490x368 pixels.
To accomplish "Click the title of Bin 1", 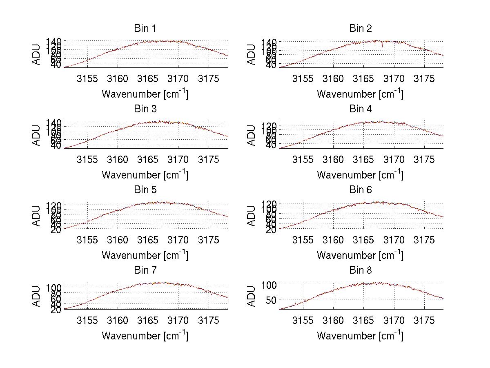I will tap(145, 29).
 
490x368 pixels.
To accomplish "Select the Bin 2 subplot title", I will tap(361, 29).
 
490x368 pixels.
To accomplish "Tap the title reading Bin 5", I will tap(145, 190).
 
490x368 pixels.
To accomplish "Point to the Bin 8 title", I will tap(361, 270).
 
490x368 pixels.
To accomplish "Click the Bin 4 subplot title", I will tap(361, 109).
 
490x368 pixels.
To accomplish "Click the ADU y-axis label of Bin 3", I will tap(37, 135).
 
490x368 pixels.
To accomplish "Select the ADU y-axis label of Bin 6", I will tap(252, 216).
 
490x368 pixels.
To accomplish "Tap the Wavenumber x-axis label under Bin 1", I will tap(145, 94).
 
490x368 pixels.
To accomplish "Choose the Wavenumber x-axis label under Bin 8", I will tap(360, 336).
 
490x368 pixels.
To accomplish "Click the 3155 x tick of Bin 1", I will tap(87, 79).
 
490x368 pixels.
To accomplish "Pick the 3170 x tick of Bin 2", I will tap(394, 79).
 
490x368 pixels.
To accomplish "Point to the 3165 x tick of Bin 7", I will tap(148, 321).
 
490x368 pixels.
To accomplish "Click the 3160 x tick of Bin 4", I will tap(333, 159).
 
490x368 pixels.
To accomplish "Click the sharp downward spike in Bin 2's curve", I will tap(382, 46).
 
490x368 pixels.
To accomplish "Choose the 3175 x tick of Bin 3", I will tap(209, 159).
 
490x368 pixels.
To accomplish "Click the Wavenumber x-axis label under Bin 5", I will tap(145, 255).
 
